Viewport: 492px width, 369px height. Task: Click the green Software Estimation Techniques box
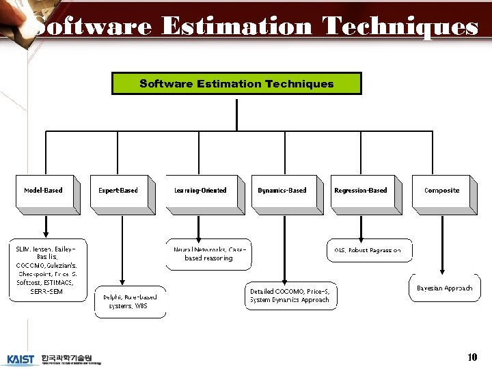click(236, 83)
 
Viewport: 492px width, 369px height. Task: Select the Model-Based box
click(42, 191)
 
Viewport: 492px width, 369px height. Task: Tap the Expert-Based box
click(118, 191)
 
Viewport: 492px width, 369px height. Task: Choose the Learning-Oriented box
click(200, 191)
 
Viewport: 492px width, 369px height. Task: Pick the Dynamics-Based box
click(282, 191)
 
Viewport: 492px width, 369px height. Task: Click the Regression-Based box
click(360, 191)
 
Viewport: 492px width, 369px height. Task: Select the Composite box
click(441, 191)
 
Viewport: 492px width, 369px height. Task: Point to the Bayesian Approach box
click(444, 288)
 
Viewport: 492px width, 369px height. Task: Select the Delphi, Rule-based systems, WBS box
click(130, 301)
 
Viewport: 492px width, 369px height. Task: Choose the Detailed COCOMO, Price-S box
click(290, 295)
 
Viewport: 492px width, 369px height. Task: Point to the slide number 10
click(471, 357)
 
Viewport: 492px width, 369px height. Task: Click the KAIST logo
click(20, 359)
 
